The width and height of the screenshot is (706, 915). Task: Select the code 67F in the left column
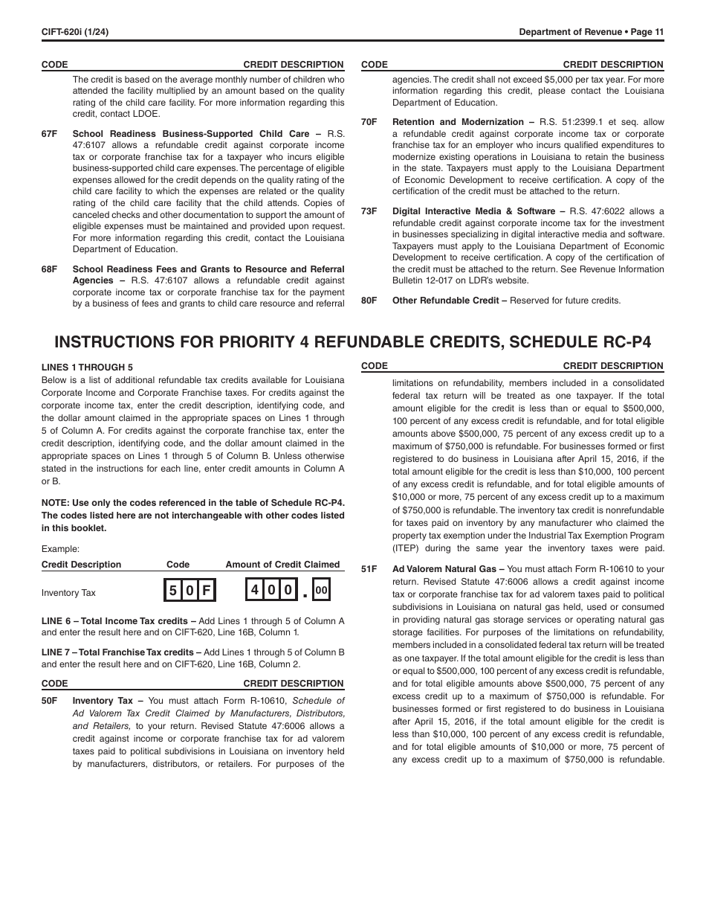(49, 134)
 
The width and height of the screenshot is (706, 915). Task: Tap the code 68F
(49, 269)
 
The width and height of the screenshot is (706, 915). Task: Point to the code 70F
(369, 122)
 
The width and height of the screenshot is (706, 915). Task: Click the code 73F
(369, 211)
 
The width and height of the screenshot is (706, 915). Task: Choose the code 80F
(369, 301)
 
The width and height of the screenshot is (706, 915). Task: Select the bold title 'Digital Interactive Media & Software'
(473, 211)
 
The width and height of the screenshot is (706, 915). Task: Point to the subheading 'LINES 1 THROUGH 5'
(87, 367)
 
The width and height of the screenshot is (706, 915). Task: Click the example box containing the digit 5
(173, 591)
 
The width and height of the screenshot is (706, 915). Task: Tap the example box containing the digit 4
(254, 591)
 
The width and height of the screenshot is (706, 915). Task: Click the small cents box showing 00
(321, 591)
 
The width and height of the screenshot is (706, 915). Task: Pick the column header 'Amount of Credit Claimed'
(282, 565)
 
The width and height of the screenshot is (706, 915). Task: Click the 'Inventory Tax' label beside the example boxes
(68, 593)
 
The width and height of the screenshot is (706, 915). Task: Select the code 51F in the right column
(369, 569)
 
